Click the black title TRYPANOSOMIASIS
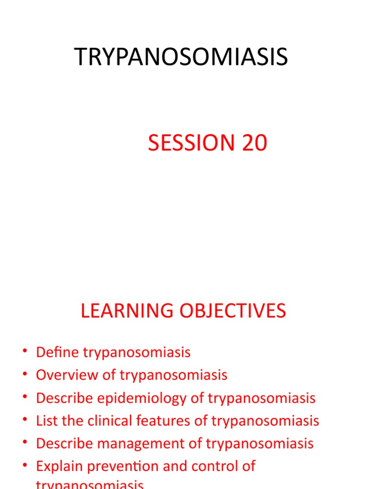coord(181,57)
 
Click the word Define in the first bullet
coord(58,352)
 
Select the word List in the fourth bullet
coord(46,421)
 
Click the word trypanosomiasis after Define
coord(137,353)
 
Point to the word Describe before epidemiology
coord(65,398)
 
